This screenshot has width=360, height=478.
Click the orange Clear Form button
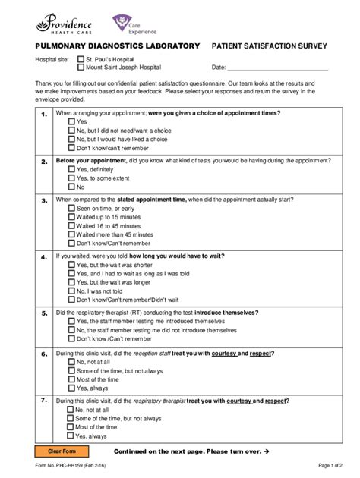[x=60, y=451]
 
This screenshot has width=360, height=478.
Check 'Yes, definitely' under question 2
[x=71, y=169]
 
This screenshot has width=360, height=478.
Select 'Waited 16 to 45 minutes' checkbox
[x=71, y=225]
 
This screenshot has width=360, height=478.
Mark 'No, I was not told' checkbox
[x=71, y=291]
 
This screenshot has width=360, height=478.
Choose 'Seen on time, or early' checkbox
[x=71, y=207]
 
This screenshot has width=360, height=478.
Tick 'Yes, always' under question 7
[x=71, y=436]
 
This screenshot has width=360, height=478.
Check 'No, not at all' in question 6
[x=71, y=362]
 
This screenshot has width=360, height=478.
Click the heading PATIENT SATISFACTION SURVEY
[x=269, y=46]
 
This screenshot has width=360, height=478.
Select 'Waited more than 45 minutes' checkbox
[x=71, y=234]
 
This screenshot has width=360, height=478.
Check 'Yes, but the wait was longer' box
[x=71, y=281]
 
